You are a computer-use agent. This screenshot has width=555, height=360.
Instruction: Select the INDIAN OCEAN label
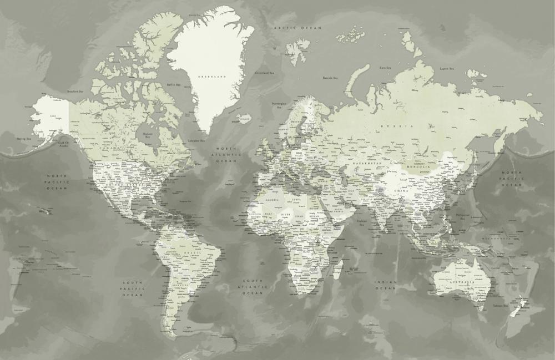(386, 285)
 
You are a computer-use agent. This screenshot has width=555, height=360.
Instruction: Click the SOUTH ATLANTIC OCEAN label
(252, 286)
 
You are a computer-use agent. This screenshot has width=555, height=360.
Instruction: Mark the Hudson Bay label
(148, 135)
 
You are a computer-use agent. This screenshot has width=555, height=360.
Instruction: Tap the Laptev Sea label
(447, 69)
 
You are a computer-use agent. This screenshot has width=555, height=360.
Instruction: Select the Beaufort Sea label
(75, 92)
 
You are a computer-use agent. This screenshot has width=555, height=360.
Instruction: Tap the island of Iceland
(243, 119)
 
